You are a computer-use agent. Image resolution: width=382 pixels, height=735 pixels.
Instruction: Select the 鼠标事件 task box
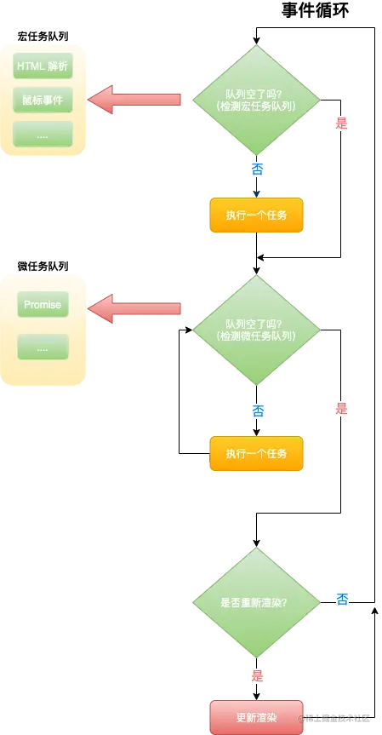coord(43,100)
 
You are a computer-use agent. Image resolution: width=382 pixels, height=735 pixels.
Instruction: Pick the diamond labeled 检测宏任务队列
coord(256,99)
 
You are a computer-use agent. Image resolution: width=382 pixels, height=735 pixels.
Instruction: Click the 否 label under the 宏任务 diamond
coord(257,169)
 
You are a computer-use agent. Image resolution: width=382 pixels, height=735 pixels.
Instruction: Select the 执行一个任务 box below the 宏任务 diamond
coord(256,215)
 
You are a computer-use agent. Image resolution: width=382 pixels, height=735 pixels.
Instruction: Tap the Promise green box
coord(43,304)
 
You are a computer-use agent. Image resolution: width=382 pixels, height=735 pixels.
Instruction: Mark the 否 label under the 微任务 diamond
coord(258,411)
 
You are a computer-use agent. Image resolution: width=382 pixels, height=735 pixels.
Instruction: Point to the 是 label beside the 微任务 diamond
coord(342,408)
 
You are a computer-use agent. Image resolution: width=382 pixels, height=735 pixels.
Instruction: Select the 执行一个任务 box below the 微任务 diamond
coord(256,455)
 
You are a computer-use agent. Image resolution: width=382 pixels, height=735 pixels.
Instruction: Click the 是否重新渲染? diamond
coord(256,602)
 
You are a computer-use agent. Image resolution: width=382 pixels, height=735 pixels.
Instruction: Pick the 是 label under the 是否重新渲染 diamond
coord(257,676)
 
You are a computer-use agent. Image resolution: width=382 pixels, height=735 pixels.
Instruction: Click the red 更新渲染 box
coord(256,716)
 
